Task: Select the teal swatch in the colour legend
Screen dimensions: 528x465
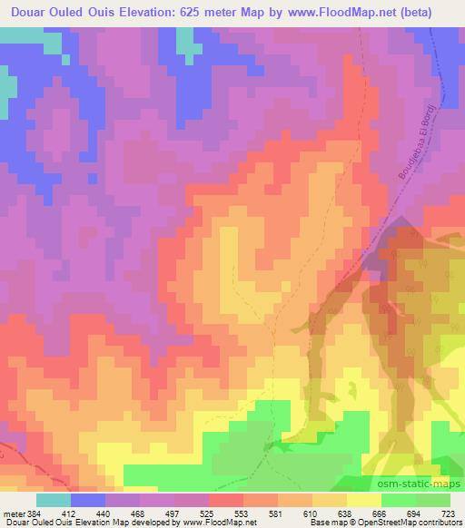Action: (x=54, y=500)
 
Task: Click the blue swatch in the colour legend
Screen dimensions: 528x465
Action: (x=88, y=500)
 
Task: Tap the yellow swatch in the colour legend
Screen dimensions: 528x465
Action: (x=363, y=500)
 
